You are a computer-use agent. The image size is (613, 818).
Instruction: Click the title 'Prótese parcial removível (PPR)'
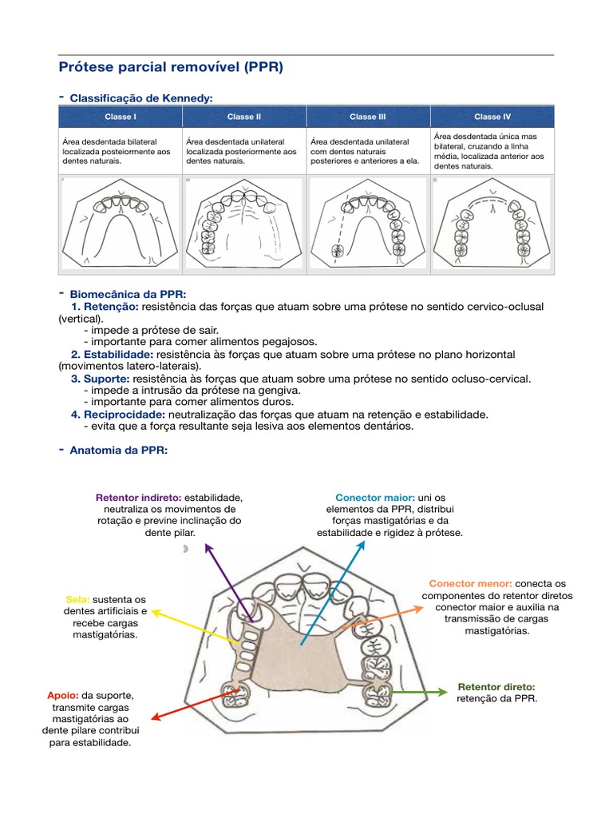[x=171, y=67]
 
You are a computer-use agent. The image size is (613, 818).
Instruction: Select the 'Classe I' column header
[x=121, y=117]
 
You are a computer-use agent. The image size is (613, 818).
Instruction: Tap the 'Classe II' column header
[x=244, y=117]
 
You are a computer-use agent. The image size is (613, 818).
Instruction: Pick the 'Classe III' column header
[x=367, y=117]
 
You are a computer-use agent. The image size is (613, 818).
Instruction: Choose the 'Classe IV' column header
[x=492, y=117]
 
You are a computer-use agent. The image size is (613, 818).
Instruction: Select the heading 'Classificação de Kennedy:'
[x=141, y=98]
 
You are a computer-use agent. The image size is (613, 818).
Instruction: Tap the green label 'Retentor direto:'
[x=496, y=687]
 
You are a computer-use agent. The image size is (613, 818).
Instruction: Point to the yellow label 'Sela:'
[x=77, y=600]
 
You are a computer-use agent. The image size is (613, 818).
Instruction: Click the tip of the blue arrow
[x=363, y=541]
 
